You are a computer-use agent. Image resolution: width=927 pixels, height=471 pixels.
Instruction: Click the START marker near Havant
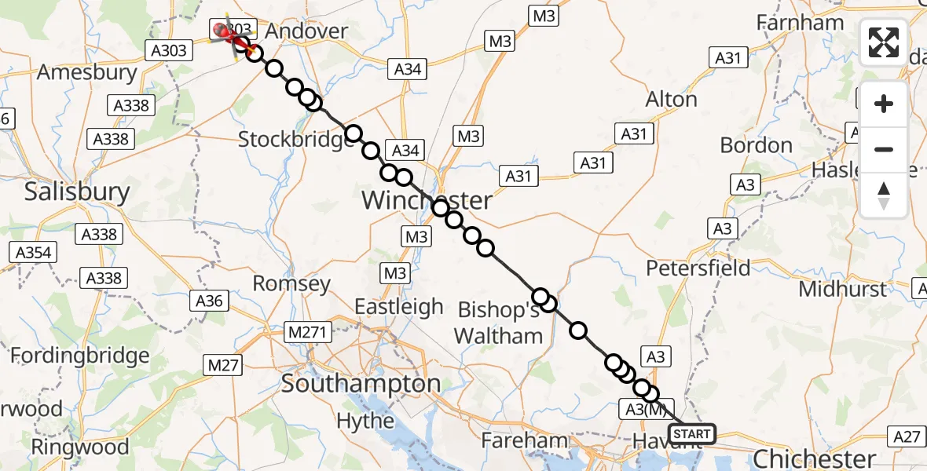click(691, 434)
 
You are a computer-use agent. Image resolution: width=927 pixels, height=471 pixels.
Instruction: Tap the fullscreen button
click(884, 42)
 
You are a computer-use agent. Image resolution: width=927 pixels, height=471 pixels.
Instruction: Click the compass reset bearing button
click(884, 195)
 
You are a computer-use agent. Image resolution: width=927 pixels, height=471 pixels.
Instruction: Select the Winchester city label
click(427, 200)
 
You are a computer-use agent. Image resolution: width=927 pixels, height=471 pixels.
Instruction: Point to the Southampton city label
click(361, 384)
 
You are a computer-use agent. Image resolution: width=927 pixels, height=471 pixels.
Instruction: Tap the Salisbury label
click(77, 192)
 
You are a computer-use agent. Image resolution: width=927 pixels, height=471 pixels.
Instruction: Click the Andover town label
click(306, 31)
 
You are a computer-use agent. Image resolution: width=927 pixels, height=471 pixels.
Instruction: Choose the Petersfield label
click(698, 268)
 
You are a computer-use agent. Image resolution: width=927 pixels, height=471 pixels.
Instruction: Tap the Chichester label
click(814, 458)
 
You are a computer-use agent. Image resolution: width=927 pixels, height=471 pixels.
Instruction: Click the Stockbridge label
click(296, 140)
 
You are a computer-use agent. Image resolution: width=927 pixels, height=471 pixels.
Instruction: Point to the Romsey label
click(291, 283)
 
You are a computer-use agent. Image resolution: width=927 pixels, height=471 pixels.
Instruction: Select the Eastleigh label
click(399, 306)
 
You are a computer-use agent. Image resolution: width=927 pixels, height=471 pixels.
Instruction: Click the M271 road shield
click(307, 333)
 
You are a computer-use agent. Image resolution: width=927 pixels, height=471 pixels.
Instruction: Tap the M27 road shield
click(223, 364)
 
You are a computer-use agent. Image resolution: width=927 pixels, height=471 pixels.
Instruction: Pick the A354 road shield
click(32, 253)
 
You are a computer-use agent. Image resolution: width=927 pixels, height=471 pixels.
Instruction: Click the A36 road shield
click(209, 300)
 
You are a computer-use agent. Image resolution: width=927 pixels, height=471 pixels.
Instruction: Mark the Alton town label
click(671, 100)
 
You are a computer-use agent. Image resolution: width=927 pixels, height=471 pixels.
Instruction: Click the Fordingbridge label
click(79, 356)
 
